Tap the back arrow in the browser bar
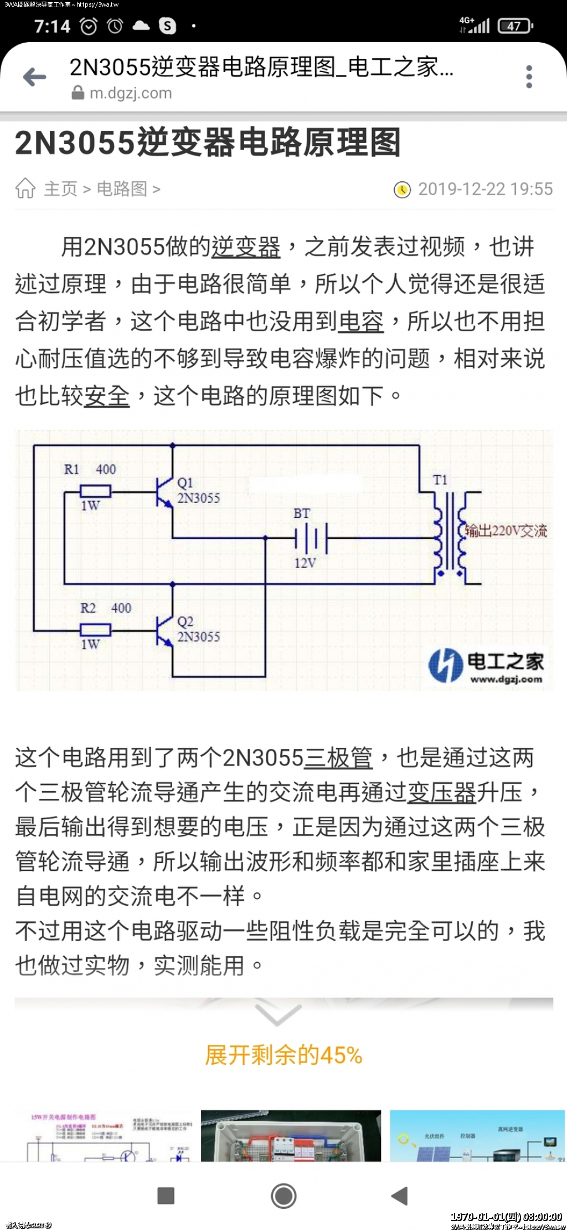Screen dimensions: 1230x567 click(x=34, y=77)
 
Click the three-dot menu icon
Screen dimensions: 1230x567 click(x=529, y=76)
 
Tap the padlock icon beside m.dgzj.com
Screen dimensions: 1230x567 click(x=78, y=93)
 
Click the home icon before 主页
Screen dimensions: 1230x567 click(x=25, y=188)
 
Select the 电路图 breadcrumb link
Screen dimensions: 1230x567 click(x=122, y=188)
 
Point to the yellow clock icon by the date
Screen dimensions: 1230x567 click(x=402, y=190)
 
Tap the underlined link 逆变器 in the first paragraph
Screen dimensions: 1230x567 click(x=245, y=247)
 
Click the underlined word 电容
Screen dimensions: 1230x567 click(x=360, y=321)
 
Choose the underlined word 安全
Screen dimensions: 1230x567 click(x=106, y=396)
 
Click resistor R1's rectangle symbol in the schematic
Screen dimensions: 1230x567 click(x=96, y=491)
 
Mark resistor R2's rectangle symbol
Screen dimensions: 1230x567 click(x=96, y=629)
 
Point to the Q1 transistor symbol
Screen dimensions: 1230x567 click(x=164, y=492)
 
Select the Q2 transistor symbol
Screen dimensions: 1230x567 click(x=164, y=631)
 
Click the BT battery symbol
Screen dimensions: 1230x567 click(x=311, y=538)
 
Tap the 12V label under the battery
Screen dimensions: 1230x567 click(x=305, y=563)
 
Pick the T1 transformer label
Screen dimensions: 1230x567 click(x=440, y=480)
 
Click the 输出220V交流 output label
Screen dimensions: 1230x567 click(x=506, y=530)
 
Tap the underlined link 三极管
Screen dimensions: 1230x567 click(x=338, y=758)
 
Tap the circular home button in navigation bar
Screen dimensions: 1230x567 click(x=283, y=1196)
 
